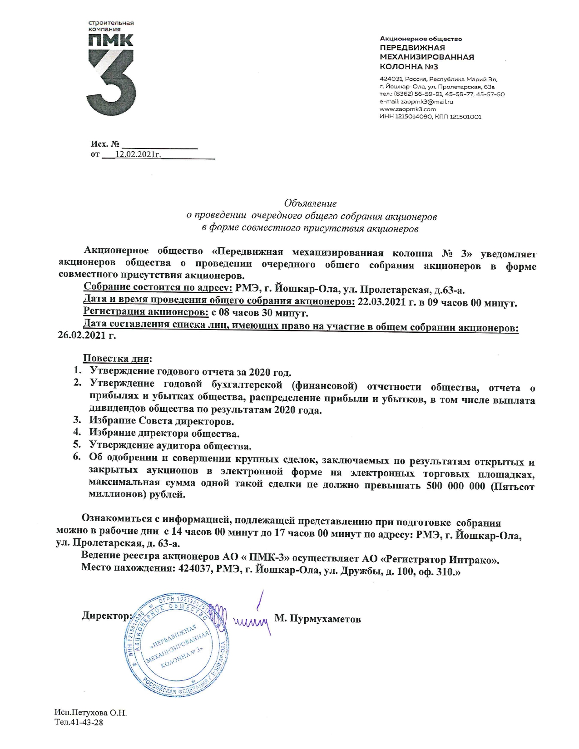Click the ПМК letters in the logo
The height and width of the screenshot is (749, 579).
coord(110,40)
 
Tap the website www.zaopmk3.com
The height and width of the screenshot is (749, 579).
coord(407,109)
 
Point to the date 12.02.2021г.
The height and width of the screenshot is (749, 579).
coord(138,154)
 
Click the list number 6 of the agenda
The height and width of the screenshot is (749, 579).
coord(78,456)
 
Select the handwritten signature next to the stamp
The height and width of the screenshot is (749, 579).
coord(252,617)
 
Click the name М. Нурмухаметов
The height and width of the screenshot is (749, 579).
coord(317,619)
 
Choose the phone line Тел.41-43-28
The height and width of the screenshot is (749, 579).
coord(79,722)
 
